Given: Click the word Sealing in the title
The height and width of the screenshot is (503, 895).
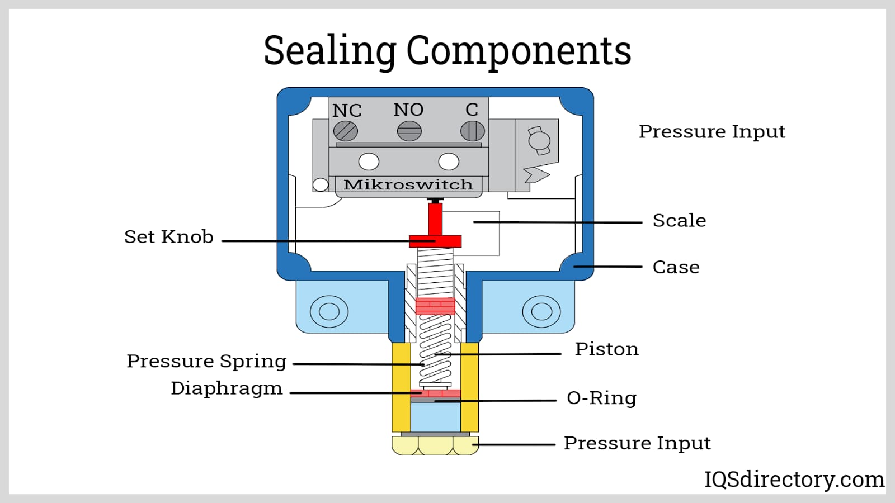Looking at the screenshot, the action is (329, 51).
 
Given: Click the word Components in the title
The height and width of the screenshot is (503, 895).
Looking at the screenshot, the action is (519, 51).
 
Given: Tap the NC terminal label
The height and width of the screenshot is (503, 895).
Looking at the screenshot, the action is (347, 111).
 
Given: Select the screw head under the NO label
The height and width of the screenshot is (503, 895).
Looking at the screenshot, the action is (409, 131).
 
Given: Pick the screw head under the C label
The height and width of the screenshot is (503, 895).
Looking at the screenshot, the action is (472, 131).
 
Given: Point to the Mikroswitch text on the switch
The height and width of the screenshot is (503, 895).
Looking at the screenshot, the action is (408, 184).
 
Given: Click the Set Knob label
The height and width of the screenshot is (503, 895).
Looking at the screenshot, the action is (168, 237).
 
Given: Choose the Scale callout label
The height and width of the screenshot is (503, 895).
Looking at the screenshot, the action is (679, 220).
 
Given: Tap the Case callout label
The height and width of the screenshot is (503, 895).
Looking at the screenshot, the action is (676, 267).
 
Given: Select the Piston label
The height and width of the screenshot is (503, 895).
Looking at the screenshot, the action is (606, 349).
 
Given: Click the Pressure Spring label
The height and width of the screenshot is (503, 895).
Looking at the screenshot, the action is (206, 362).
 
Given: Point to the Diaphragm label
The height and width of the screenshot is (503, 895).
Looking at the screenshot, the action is (227, 388).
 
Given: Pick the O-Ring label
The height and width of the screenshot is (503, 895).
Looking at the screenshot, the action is (601, 398).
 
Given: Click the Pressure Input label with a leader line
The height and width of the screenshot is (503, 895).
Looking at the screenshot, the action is (637, 444).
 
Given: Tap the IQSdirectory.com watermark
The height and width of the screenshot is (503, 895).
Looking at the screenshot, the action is (794, 480).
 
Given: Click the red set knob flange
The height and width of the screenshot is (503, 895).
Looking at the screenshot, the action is (435, 241).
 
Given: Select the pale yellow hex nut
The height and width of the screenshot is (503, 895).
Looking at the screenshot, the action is (435, 445).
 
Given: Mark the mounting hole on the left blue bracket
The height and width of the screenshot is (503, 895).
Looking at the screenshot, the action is (329, 311).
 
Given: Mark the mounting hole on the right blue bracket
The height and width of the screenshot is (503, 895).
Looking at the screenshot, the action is (541, 311).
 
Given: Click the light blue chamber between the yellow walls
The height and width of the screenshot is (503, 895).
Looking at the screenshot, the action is (435, 417).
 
